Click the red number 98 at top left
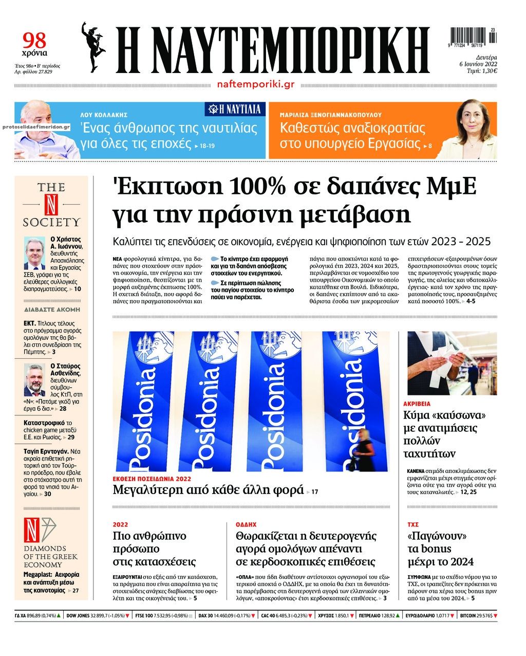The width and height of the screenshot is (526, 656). (x=34, y=41)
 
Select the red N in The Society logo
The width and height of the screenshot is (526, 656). (x=51, y=205)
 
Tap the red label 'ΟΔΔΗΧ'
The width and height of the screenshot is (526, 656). (x=246, y=525)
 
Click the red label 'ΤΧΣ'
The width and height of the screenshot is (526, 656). (x=413, y=525)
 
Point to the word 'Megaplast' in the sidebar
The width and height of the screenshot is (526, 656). (x=37, y=574)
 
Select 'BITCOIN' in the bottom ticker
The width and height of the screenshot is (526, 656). (x=471, y=615)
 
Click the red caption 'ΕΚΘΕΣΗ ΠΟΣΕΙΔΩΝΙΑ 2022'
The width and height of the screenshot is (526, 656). (x=152, y=478)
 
